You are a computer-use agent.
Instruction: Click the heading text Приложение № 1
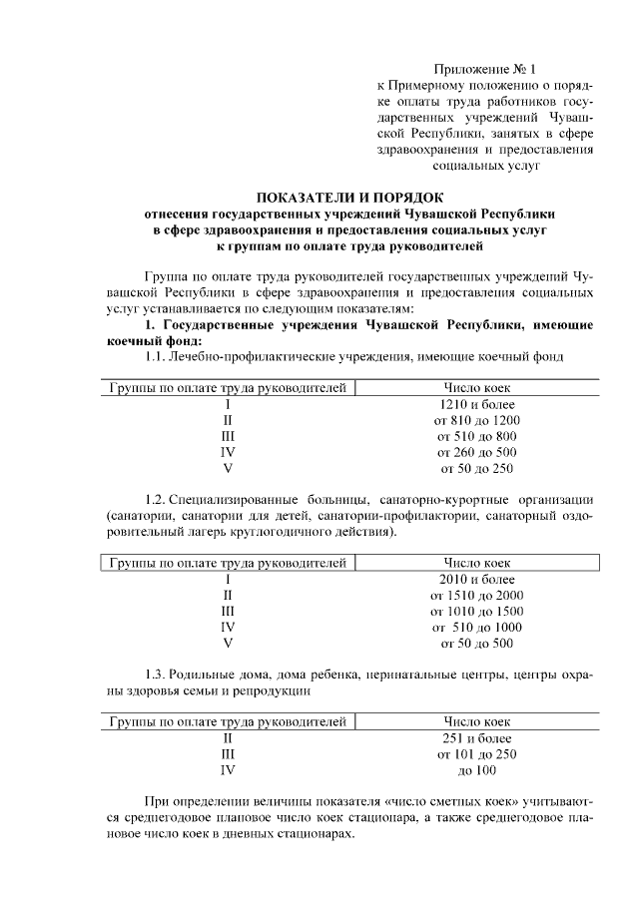(x=485, y=69)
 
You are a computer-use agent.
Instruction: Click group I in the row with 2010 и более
(x=228, y=579)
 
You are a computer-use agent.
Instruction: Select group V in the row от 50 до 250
(x=228, y=468)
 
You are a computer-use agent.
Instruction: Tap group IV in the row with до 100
(x=228, y=769)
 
